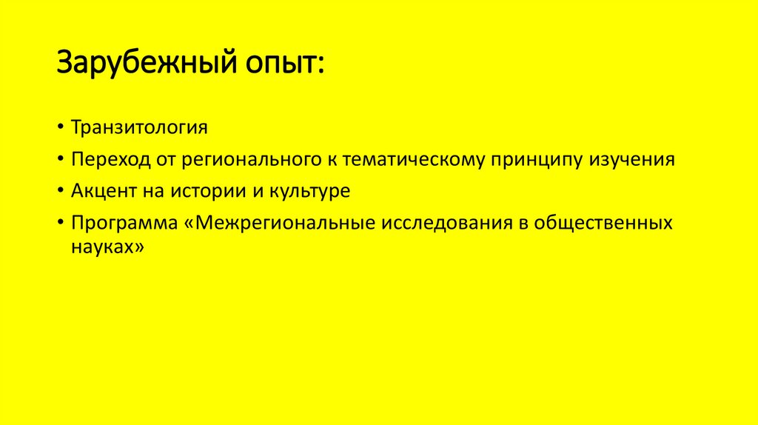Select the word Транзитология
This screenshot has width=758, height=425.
point(139,127)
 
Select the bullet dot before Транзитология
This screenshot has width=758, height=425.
point(58,128)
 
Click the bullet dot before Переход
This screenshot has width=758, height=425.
point(58,160)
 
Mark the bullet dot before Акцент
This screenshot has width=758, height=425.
point(58,192)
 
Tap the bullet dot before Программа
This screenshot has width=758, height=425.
point(58,224)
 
